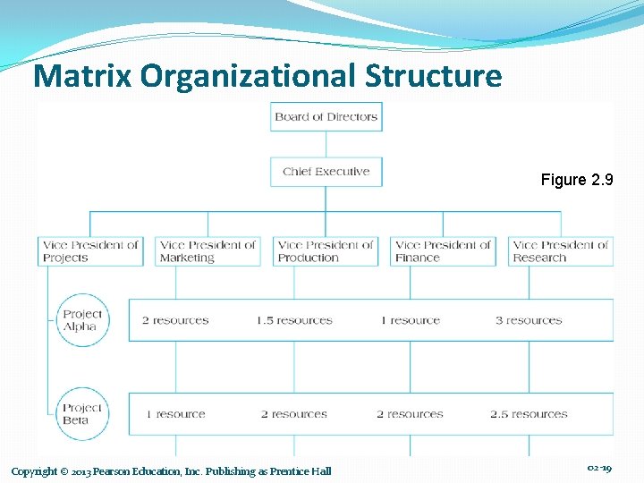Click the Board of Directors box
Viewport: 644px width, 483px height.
coord(326,116)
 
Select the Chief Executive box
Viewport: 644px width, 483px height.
coord(326,172)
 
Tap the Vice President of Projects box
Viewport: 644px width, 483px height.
coord(90,251)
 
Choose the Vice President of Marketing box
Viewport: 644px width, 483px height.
coord(208,251)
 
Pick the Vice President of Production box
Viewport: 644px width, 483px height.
coord(326,251)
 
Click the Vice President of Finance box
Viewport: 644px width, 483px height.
coord(443,251)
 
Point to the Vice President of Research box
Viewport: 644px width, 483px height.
coord(561,251)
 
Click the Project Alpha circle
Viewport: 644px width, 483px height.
coord(83,320)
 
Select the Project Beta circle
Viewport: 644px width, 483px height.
coord(83,414)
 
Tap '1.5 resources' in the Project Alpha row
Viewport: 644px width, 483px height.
coord(292,320)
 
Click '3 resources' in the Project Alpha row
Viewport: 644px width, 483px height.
coord(529,320)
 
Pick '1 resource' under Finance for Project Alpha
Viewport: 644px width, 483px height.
coord(410,320)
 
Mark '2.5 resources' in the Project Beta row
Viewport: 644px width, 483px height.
coord(529,414)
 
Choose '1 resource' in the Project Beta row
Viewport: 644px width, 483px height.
coord(175,414)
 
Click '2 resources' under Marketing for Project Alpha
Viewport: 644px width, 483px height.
coord(175,320)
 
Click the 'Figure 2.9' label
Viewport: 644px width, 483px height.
coord(577,180)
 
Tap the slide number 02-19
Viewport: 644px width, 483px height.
coord(598,468)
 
